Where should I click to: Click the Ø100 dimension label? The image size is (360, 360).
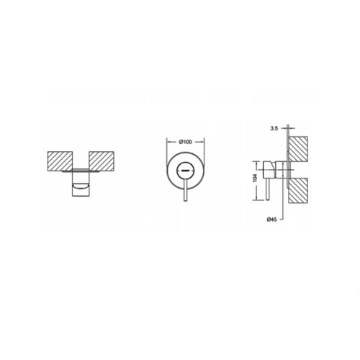[186, 142]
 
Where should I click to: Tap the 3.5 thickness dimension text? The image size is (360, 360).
[274, 128]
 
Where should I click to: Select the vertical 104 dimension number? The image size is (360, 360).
[255, 178]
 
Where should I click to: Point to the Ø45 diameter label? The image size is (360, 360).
[271, 220]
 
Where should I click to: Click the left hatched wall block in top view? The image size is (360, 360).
[60, 161]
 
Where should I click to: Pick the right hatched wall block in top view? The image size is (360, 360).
[102, 161]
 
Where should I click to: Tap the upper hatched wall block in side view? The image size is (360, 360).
[298, 149]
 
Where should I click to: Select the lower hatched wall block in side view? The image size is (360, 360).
[298, 190]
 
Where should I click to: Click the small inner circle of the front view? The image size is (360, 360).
[185, 171]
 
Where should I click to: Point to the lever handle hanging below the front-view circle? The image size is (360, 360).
[185, 190]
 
